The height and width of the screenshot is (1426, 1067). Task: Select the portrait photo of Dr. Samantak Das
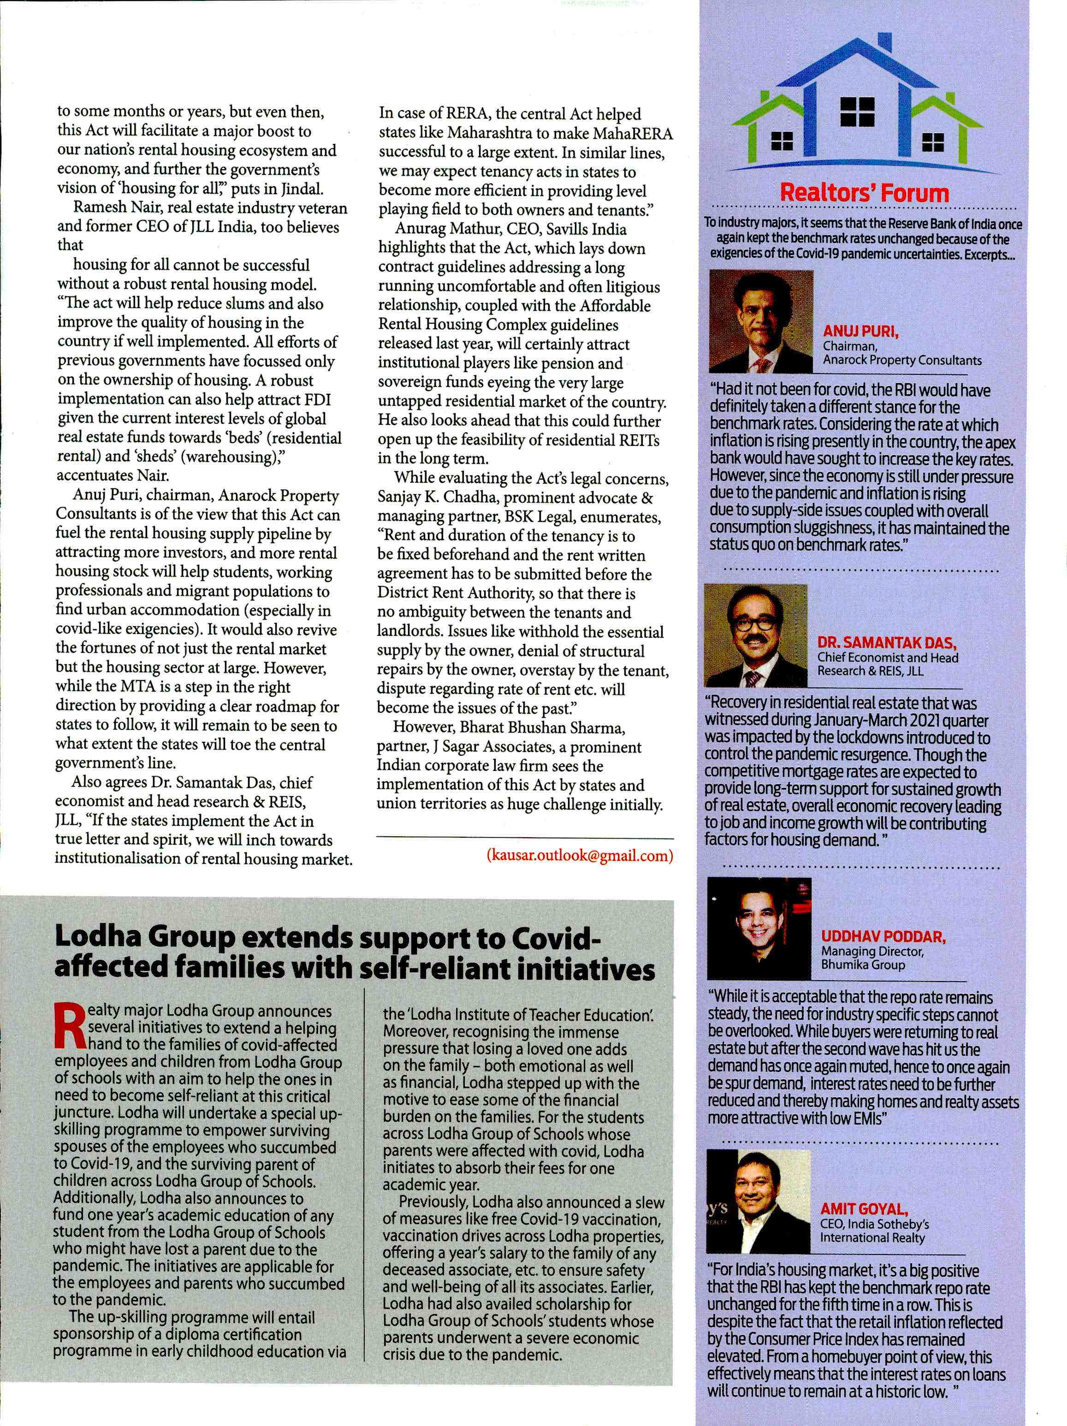pyautogui.click(x=756, y=635)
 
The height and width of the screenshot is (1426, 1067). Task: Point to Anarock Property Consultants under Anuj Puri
pyautogui.click(x=902, y=361)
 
